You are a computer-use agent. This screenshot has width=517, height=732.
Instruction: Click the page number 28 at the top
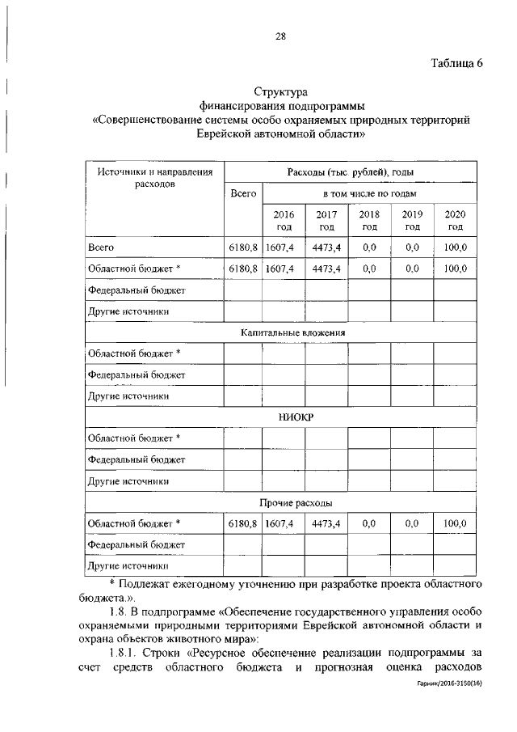280,36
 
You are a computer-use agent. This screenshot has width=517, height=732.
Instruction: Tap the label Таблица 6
455,65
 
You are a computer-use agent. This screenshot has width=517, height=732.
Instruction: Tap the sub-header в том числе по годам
369,194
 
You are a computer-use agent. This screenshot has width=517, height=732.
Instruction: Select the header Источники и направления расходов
154,178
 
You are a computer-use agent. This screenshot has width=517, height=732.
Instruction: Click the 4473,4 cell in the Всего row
326,248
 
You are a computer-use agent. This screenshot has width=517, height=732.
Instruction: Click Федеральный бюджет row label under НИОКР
137,460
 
